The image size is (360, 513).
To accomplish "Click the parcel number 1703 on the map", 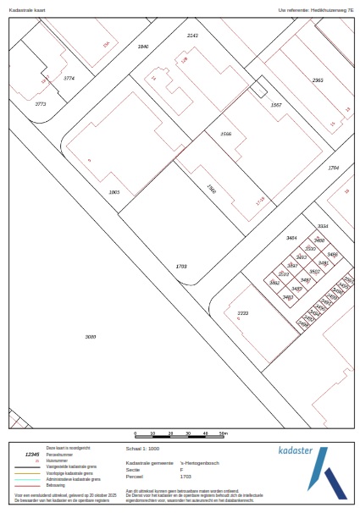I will [x=180, y=266].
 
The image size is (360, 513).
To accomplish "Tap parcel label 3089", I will [x=91, y=337].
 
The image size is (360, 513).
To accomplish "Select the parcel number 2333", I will [x=242, y=313].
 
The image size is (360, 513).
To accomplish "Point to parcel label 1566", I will [x=225, y=135].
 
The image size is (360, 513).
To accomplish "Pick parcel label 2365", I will [x=318, y=80].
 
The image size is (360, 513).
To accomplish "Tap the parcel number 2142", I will [x=192, y=36].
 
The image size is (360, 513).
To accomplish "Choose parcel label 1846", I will [x=143, y=46].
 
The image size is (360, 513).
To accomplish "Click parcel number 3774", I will [x=69, y=78].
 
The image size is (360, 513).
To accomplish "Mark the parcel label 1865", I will [x=114, y=192].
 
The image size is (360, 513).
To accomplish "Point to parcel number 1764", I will [x=333, y=168].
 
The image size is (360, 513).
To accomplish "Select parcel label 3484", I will [x=291, y=240].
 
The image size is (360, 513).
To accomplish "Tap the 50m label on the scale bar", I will [x=224, y=433].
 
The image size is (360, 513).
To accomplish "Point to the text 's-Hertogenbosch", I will [x=199, y=464].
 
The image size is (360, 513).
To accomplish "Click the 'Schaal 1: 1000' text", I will [x=142, y=449].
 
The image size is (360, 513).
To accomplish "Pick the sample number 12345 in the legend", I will [x=32, y=454].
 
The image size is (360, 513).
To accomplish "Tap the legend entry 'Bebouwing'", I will [x=55, y=485].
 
